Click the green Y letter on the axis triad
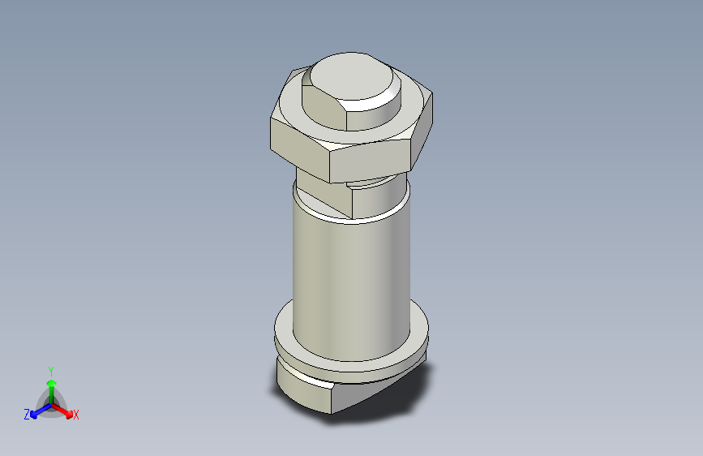[51, 369]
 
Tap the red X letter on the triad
[76, 415]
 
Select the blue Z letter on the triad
[26, 415]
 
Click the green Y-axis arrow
[51, 385]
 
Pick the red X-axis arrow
[64, 409]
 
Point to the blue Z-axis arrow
[37, 410]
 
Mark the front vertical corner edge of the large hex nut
[329, 166]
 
